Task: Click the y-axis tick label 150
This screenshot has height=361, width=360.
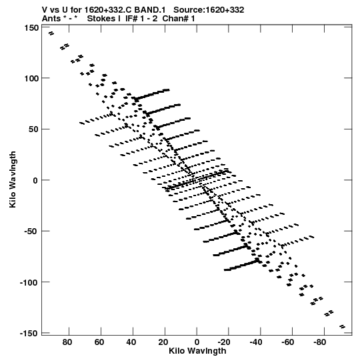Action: click(31, 28)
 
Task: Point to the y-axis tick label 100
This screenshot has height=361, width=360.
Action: click(31, 78)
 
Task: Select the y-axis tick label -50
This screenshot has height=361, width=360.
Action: click(31, 232)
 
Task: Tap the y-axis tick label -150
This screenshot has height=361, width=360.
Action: click(29, 334)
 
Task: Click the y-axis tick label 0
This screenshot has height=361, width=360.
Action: click(35, 180)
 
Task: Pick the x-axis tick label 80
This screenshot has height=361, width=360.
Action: click(67, 342)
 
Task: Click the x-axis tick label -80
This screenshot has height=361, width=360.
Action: click(319, 342)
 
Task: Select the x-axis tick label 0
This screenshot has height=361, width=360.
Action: click(197, 342)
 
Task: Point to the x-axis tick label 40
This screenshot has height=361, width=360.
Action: click(131, 342)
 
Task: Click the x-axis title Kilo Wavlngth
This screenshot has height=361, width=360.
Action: click(197, 351)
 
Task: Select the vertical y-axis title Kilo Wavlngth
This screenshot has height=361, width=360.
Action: click(13, 179)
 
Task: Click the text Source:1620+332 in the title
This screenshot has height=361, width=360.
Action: click(209, 10)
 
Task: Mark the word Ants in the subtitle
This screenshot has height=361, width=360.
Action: click(51, 19)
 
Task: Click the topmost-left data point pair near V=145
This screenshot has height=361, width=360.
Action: click(51, 33)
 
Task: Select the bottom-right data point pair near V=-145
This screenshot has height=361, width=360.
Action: click(342, 326)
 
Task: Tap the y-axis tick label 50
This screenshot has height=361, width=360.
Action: click(33, 129)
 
